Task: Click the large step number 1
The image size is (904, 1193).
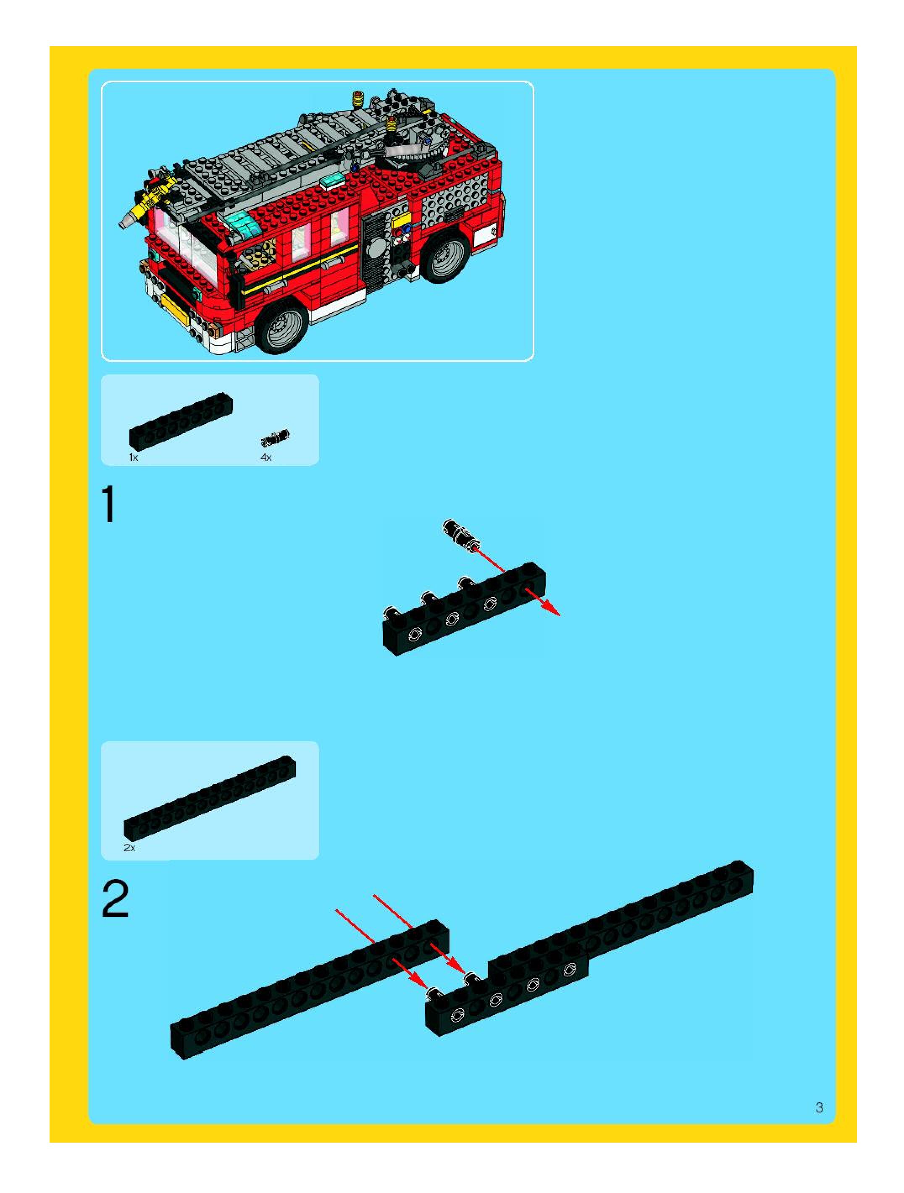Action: (x=110, y=504)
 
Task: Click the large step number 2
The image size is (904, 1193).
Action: (x=115, y=898)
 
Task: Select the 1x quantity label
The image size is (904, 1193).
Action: (x=133, y=458)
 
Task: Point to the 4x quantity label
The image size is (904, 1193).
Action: (x=266, y=458)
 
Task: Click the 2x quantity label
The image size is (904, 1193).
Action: (x=129, y=847)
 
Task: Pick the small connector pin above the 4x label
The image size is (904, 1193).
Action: (x=275, y=437)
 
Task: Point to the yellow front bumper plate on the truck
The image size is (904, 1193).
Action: (x=176, y=310)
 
